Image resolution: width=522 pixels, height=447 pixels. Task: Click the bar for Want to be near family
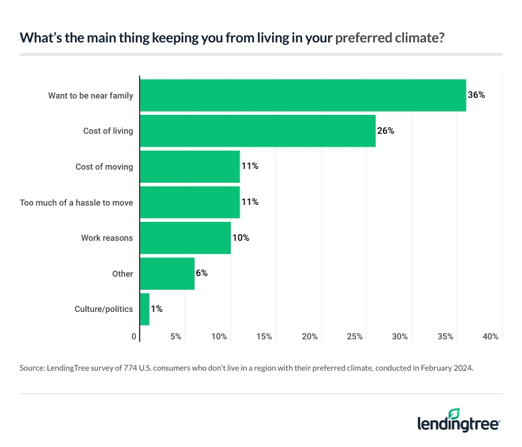click(303, 95)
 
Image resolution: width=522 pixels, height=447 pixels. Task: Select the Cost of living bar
click(258, 131)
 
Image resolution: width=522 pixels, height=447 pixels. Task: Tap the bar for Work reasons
click(185, 238)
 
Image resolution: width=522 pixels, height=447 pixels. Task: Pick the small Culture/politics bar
click(145, 309)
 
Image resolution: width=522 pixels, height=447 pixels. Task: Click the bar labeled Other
click(167, 273)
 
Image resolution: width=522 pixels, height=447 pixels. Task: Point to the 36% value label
click(476, 95)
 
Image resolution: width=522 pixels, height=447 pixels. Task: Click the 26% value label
click(386, 131)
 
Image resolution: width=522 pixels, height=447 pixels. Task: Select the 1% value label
click(157, 309)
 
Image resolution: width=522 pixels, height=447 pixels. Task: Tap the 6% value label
click(202, 273)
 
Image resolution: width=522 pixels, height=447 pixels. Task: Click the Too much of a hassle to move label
click(77, 202)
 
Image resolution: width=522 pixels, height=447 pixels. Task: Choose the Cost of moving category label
click(104, 166)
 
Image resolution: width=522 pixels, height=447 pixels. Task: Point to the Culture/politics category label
click(103, 309)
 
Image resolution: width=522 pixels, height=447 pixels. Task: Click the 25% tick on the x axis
click(355, 337)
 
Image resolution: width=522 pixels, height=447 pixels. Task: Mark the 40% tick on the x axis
click(491, 337)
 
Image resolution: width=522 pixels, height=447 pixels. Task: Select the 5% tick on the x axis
click(176, 337)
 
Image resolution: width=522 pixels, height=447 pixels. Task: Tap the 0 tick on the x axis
click(134, 337)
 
